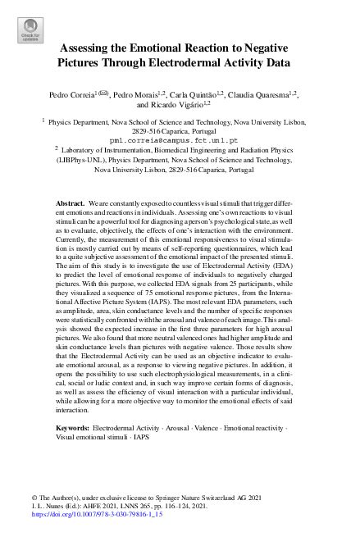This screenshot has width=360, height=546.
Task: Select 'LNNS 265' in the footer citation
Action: click(x=116, y=509)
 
